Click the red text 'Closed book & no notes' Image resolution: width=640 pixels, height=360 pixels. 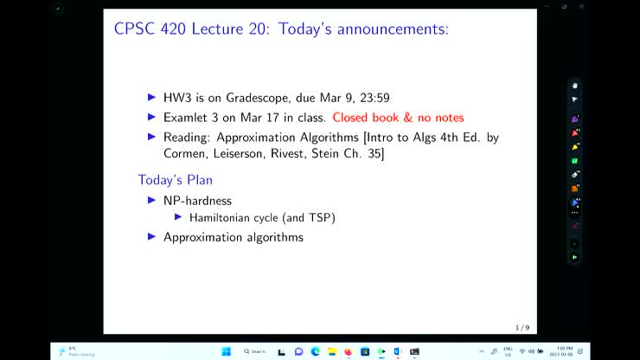tap(398, 117)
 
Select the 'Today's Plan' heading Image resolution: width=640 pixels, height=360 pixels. tap(175, 180)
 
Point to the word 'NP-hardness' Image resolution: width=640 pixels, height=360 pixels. tap(197, 200)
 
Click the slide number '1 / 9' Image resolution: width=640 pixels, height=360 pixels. tap(522, 327)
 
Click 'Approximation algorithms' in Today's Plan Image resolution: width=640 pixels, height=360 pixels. tap(233, 236)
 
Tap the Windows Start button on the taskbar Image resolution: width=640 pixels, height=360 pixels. tap(227, 351)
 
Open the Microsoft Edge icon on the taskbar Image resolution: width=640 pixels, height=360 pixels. tap(316, 351)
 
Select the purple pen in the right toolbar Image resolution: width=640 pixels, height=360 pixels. tap(574, 119)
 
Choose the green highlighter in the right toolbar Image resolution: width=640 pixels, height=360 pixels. tap(574, 161)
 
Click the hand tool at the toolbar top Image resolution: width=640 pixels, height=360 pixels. tap(574, 86)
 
